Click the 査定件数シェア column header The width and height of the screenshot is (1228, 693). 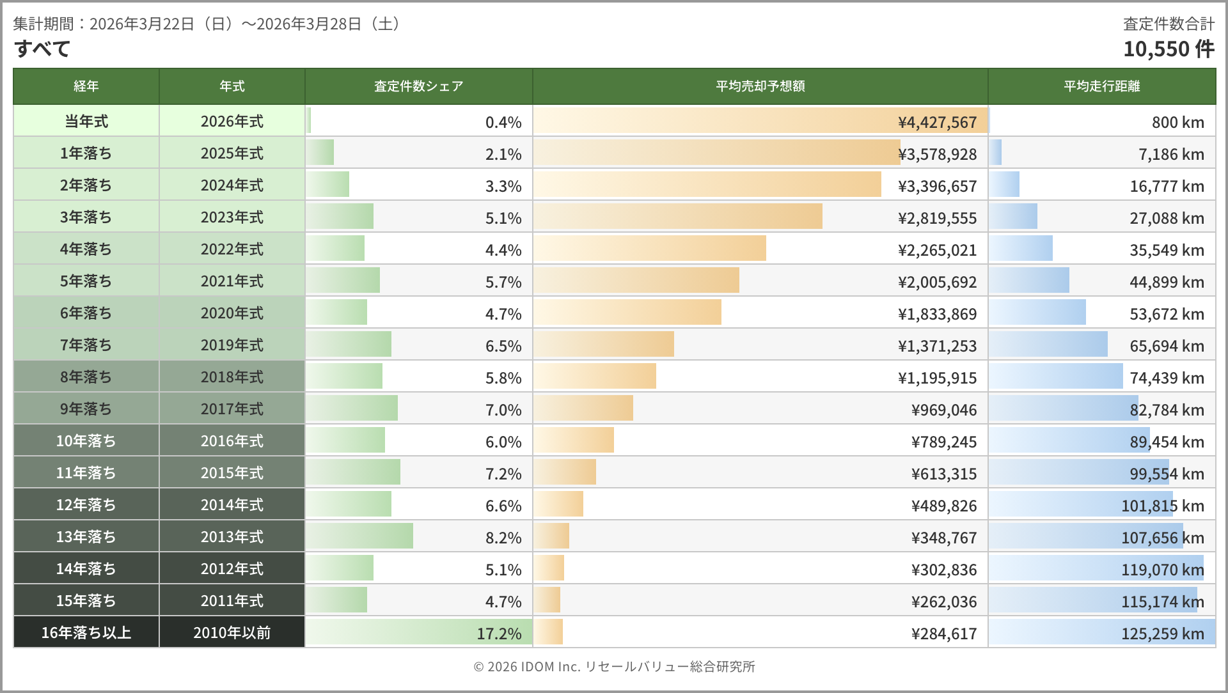(418, 86)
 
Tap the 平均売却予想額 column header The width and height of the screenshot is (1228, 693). (760, 86)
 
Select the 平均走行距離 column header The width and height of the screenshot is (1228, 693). (1101, 86)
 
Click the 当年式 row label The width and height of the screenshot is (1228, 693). (86, 121)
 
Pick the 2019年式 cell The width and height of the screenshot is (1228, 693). (232, 345)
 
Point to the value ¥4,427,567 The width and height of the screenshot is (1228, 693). (937, 122)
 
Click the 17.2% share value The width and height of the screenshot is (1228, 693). (499, 634)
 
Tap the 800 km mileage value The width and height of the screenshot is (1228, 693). (1177, 122)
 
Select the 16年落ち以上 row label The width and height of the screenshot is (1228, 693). (86, 633)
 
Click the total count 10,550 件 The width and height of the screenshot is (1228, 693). (1168, 49)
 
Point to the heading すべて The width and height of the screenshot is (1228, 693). (42, 49)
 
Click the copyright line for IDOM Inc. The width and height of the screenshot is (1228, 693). (614, 667)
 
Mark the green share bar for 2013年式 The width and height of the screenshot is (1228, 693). (359, 536)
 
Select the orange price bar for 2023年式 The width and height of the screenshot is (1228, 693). (678, 216)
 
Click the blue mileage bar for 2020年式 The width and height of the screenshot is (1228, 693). (1037, 312)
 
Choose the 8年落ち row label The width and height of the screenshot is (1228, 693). (86, 377)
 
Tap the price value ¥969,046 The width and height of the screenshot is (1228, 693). (943, 410)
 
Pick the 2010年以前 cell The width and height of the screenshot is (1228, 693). (232, 633)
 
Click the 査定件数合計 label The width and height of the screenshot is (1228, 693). (1169, 24)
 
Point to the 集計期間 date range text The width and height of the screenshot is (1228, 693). (209, 24)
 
